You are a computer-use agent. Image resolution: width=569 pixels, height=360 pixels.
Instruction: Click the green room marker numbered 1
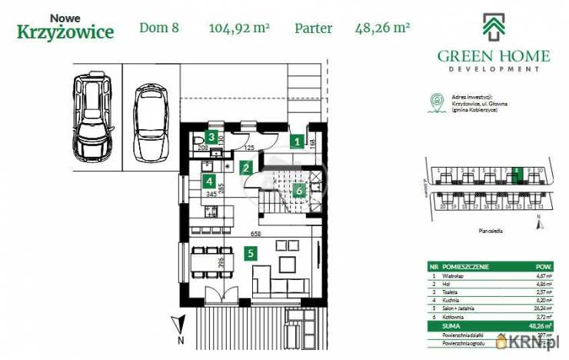pos(297,141)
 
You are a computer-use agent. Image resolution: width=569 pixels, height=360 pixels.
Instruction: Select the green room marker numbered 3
pos(209,137)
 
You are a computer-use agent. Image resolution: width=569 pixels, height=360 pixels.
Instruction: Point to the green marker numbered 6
pos(298,190)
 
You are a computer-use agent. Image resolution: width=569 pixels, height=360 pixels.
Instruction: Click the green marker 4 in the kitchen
pos(208,182)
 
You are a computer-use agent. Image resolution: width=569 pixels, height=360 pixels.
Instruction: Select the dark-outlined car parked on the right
pos(150,123)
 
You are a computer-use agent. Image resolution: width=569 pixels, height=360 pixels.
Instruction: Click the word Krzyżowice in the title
pos(65,32)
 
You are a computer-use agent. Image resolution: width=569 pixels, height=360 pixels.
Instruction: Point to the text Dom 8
pos(159,29)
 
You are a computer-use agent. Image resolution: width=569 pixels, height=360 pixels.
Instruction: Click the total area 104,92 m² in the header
pos(238,29)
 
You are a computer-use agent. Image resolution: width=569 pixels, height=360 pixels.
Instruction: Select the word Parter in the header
pos(314,29)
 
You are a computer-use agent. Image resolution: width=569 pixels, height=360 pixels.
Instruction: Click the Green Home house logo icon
pos(493,28)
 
